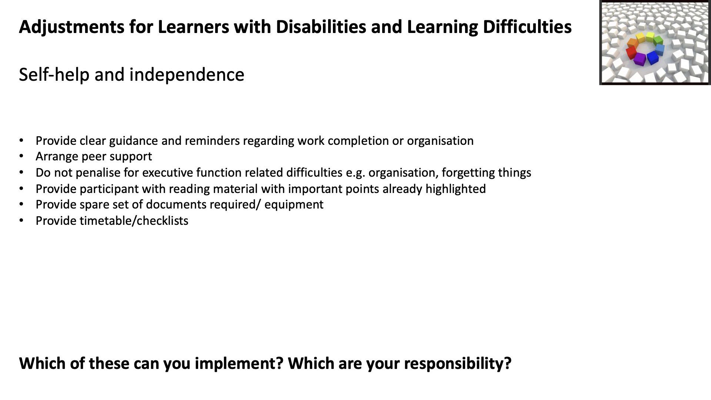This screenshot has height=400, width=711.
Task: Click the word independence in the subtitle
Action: click(187, 74)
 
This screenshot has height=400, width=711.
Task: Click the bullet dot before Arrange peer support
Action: click(21, 157)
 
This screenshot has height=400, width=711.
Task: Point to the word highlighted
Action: click(455, 189)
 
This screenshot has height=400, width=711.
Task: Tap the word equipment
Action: click(294, 205)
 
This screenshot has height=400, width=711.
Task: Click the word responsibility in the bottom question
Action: click(458, 364)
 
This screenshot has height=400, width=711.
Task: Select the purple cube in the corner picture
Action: click(640, 59)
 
